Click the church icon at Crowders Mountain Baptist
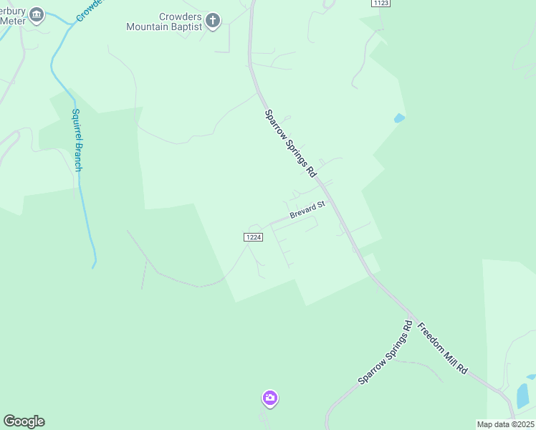[213, 21]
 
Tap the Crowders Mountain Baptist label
[165, 22]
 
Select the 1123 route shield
[381, 4]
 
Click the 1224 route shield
[253, 237]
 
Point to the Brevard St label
[307, 210]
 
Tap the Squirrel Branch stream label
[77, 140]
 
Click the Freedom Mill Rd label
[443, 348]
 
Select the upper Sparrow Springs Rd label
[290, 143]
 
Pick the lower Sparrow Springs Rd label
[386, 352]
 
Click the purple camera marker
[269, 398]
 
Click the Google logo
[24, 421]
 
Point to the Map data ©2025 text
[505, 424]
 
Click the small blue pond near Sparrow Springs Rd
[399, 118]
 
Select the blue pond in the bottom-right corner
[523, 396]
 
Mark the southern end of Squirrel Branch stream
[93, 267]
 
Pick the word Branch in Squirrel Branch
[78, 156]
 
